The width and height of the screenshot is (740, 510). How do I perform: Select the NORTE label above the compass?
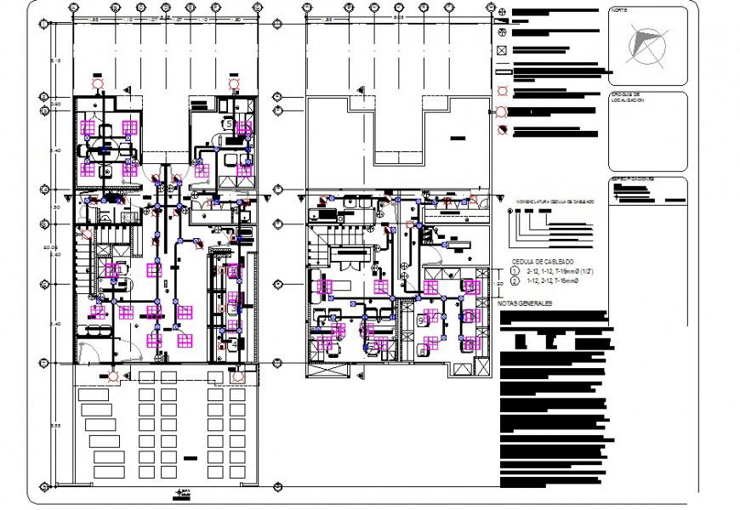click(x=618, y=11)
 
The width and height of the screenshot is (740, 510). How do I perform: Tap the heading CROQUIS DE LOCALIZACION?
click(x=628, y=98)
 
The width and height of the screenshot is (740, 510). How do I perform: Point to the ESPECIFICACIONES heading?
click(x=631, y=179)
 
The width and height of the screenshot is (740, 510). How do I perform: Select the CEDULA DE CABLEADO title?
click(x=542, y=261)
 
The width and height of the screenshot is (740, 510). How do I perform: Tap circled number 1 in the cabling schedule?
click(x=514, y=270)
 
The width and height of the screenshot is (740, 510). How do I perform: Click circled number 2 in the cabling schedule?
click(x=514, y=280)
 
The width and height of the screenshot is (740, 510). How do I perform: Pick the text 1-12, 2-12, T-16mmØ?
click(x=552, y=280)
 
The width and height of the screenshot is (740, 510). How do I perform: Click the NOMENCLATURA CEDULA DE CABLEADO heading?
click(x=550, y=201)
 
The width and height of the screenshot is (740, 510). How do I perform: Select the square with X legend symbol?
click(x=502, y=50)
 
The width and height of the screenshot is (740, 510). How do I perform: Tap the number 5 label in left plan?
click(x=228, y=123)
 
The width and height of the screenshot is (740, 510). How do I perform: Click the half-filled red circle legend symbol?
click(x=502, y=131)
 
